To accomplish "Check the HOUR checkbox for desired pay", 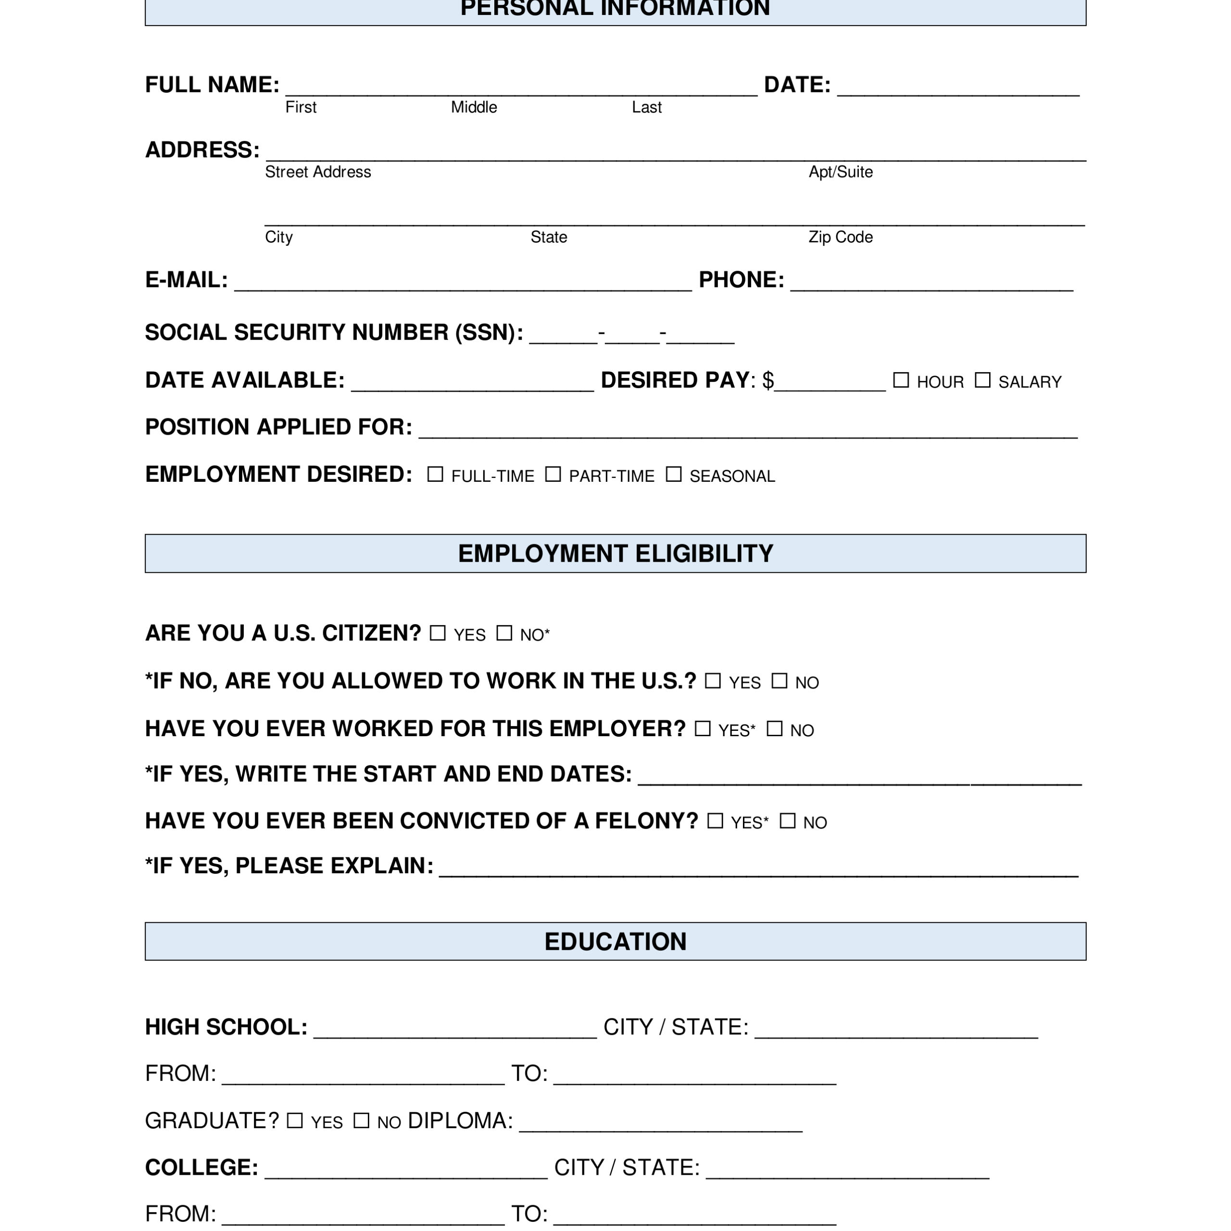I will (x=900, y=380).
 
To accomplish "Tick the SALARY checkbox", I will (x=982, y=380).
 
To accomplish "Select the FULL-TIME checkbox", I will (x=435, y=474).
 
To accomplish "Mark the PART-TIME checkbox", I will (x=553, y=474).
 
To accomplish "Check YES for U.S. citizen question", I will (x=438, y=633).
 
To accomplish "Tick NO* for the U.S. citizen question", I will (x=504, y=633).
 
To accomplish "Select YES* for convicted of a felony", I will (x=716, y=821).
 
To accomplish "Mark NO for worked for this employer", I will (x=774, y=729).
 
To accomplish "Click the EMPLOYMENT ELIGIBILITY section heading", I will (x=615, y=553).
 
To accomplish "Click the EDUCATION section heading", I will (x=615, y=941).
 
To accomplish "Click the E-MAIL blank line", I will (x=463, y=284).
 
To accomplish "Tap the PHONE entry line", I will (x=931, y=284).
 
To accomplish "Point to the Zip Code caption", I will (x=841, y=237).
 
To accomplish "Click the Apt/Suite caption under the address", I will (x=841, y=172).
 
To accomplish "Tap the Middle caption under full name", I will (x=474, y=107).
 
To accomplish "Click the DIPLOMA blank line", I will (x=661, y=1125).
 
